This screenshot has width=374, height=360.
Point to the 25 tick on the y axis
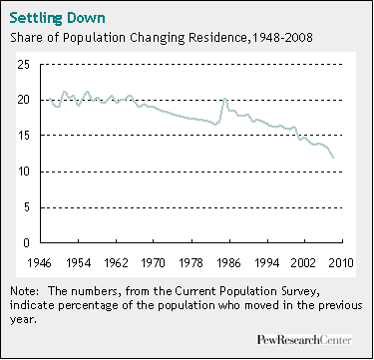(x=24, y=65)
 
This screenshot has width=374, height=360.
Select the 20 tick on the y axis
(x=24, y=101)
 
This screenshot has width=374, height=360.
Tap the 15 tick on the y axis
(x=24, y=137)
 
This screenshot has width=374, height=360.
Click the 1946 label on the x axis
(x=40, y=261)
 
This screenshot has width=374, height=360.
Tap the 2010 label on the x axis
(x=343, y=261)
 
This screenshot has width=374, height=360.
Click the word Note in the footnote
(x=23, y=290)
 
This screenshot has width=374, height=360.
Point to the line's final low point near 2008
(x=333, y=158)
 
